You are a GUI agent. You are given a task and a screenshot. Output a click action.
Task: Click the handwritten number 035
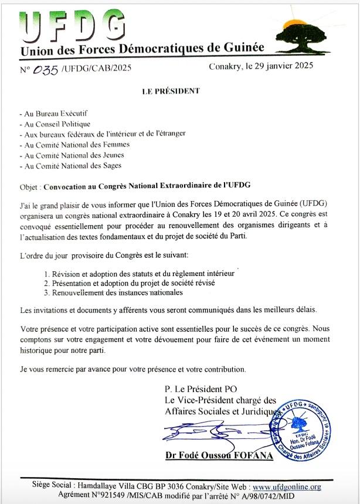(x=47, y=70)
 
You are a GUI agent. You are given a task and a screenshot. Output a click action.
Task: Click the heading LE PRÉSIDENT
(x=171, y=91)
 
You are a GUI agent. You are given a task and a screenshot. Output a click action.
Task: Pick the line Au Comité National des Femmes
(x=74, y=144)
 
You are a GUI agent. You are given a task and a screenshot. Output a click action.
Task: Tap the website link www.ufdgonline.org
(x=287, y=487)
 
